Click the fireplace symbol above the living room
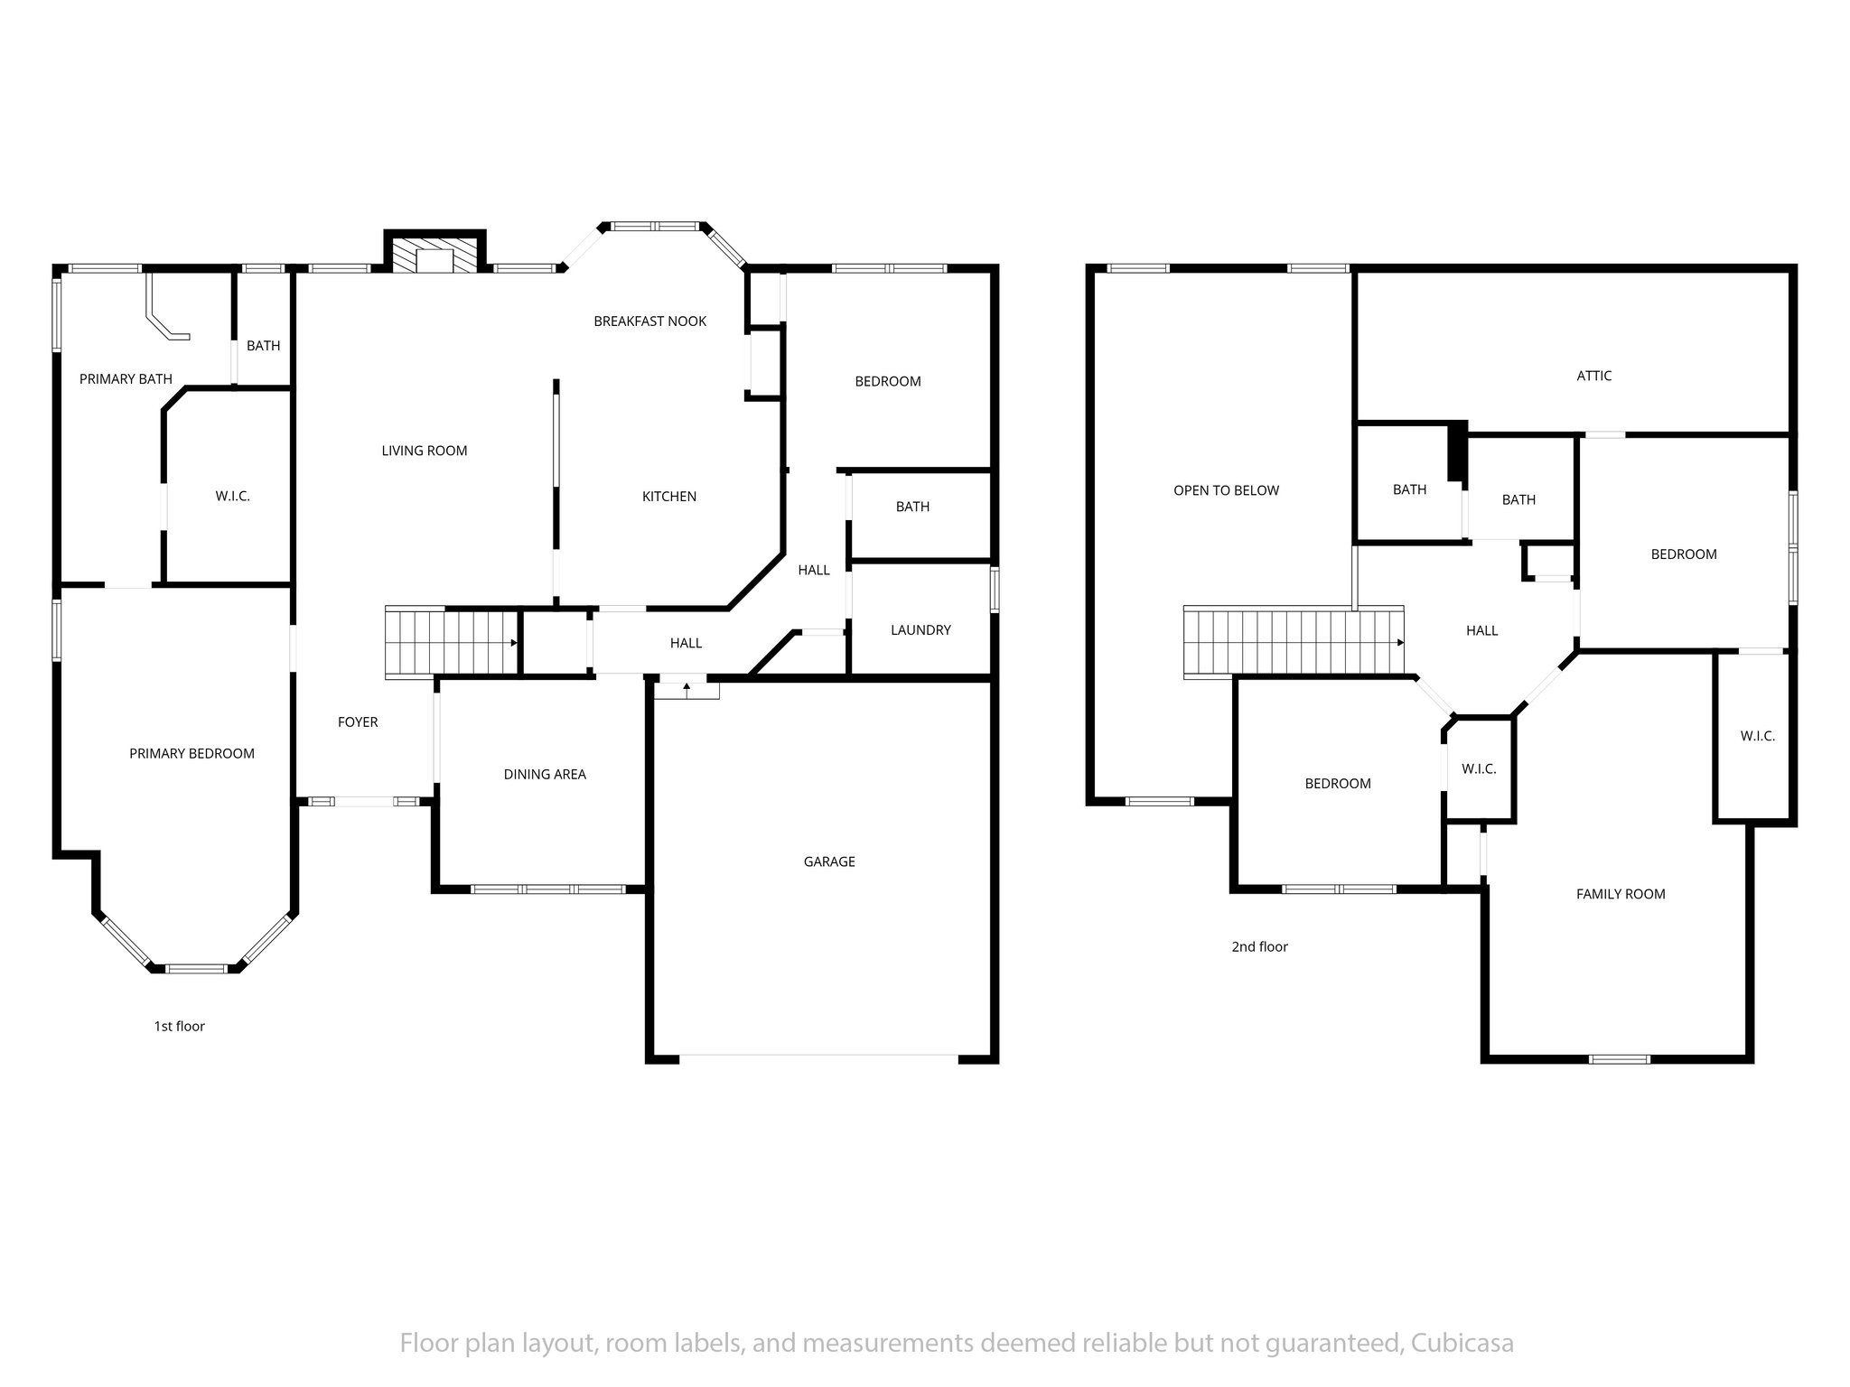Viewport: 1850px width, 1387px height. [435, 252]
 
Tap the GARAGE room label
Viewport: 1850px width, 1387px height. [829, 861]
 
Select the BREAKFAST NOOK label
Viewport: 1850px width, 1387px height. [649, 321]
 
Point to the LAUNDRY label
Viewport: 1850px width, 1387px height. [920, 630]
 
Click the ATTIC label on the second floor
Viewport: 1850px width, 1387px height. [1593, 376]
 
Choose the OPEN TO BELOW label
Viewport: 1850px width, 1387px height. [1226, 490]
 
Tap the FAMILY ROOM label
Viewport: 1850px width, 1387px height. [1621, 894]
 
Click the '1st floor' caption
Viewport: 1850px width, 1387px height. [179, 1026]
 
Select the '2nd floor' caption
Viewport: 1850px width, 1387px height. [1259, 946]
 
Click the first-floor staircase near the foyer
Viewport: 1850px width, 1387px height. [452, 642]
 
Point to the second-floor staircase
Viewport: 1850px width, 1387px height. [1294, 641]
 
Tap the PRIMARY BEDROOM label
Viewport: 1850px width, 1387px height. [192, 753]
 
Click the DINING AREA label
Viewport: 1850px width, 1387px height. [545, 774]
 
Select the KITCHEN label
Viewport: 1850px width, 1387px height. [668, 497]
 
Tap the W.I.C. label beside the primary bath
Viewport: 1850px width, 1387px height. [232, 496]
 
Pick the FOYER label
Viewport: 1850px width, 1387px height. [358, 721]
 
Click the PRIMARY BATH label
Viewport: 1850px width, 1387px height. [126, 379]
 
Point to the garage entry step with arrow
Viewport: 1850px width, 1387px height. [687, 689]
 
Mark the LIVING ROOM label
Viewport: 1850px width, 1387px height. [425, 451]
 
